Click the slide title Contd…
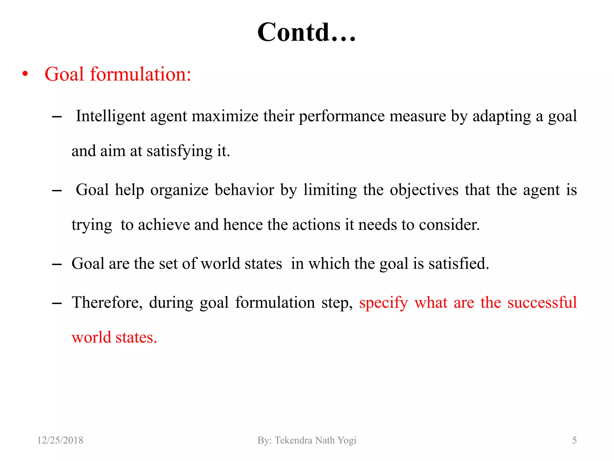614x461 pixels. click(306, 32)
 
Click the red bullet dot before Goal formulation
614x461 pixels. click(25, 74)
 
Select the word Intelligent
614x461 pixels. click(110, 116)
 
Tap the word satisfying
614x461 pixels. click(179, 151)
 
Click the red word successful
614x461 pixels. click(542, 303)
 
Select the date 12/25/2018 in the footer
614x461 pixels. click(60, 440)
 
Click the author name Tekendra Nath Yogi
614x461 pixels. click(315, 440)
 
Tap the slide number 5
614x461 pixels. click(574, 440)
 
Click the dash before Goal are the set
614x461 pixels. click(57, 264)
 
